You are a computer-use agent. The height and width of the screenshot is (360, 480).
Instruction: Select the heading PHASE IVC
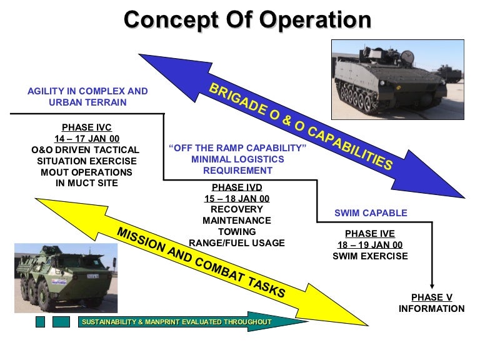(x=86, y=127)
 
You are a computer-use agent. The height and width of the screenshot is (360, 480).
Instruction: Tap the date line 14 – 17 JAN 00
(x=86, y=138)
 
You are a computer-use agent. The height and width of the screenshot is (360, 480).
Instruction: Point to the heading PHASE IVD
(x=236, y=187)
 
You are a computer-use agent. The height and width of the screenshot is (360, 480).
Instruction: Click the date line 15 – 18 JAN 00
(x=236, y=198)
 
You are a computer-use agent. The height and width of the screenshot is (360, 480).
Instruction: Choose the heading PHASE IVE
(x=369, y=234)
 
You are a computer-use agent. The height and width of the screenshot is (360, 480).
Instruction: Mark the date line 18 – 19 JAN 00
(x=369, y=245)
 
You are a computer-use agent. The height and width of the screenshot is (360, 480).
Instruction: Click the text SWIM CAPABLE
(x=371, y=213)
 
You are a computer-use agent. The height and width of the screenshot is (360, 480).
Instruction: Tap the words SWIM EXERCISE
(x=369, y=256)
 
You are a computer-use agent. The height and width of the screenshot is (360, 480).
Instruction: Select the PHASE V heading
(x=431, y=297)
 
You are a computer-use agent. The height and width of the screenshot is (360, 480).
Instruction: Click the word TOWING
(x=236, y=232)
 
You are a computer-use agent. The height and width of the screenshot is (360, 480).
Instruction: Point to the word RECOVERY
(x=236, y=209)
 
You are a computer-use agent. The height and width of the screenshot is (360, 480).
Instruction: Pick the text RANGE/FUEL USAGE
(x=236, y=243)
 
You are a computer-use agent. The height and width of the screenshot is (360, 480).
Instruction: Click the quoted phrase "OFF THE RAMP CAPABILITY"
(x=237, y=148)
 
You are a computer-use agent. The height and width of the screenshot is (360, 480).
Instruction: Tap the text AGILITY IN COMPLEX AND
(x=87, y=91)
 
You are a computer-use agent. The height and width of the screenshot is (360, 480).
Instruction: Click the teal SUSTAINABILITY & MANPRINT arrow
(x=187, y=322)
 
